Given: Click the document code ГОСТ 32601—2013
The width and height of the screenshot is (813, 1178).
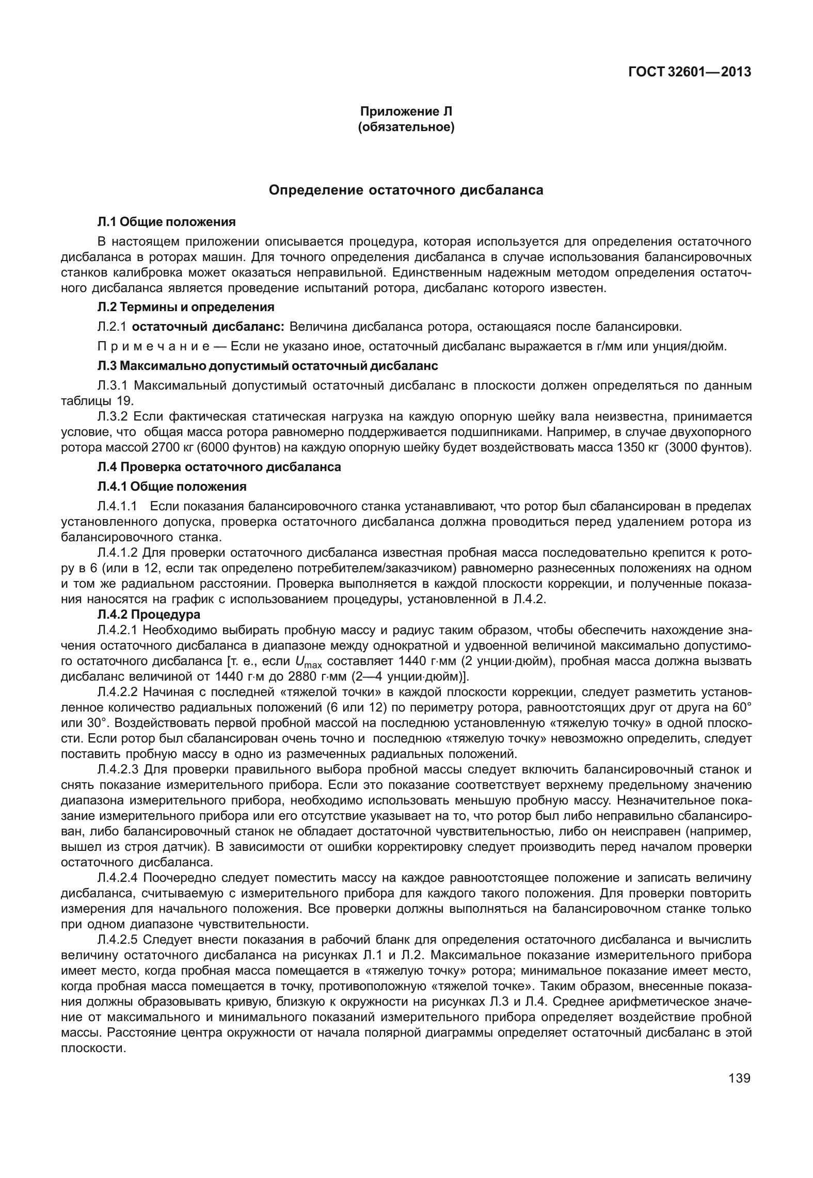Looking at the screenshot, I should pyautogui.click(x=689, y=72).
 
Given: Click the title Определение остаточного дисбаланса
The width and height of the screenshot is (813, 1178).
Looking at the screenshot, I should pyautogui.click(x=406, y=190).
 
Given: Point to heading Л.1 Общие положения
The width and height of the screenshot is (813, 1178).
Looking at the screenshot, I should pyautogui.click(x=167, y=222).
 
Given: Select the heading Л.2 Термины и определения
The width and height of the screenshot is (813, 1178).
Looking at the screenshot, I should pyautogui.click(x=186, y=307).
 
